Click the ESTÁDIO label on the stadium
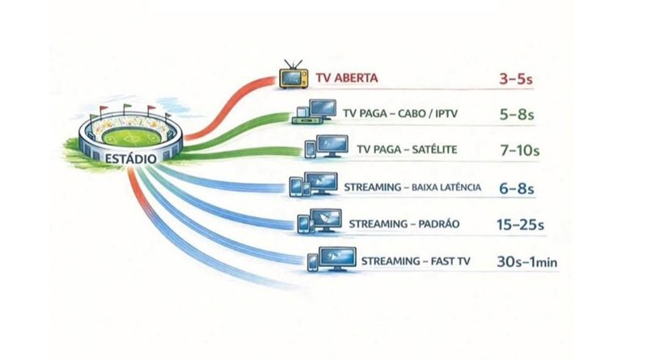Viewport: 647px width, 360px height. [x=130, y=159]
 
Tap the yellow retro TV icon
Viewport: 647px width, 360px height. [x=294, y=74]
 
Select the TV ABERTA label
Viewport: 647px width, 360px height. [x=347, y=78]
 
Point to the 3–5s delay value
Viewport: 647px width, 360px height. [x=516, y=78]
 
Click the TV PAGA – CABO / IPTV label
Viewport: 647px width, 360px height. [x=400, y=113]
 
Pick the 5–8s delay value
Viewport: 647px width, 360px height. [x=517, y=114]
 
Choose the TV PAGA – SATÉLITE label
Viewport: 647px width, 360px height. [x=407, y=150]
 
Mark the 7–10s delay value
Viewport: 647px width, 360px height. [x=520, y=150]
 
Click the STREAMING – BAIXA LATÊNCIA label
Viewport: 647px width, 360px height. [x=412, y=188]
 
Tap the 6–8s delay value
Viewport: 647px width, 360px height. [x=517, y=188]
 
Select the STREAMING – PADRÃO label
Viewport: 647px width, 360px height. [x=404, y=224]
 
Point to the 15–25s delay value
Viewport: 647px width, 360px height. [x=520, y=225]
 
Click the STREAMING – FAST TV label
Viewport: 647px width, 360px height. [x=416, y=261]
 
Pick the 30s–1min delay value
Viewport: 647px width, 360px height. [x=527, y=262]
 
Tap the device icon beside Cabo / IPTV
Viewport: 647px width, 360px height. [x=314, y=112]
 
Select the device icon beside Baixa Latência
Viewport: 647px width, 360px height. [x=314, y=184]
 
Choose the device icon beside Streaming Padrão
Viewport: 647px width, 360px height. [x=319, y=222]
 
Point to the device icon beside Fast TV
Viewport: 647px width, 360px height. [x=332, y=259]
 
